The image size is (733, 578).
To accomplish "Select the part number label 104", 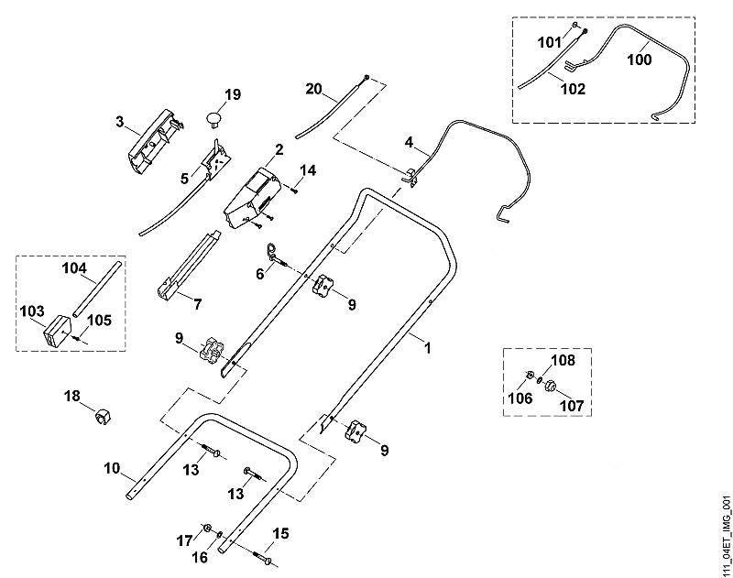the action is (x=75, y=268).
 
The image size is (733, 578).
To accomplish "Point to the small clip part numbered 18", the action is (x=102, y=417).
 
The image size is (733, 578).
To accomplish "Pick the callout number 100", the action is (x=639, y=60).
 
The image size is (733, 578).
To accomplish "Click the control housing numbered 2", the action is (x=251, y=199).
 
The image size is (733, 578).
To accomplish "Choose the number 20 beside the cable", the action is (x=313, y=88).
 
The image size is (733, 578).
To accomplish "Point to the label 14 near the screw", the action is (x=308, y=170).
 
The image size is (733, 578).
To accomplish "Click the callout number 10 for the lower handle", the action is (x=112, y=468).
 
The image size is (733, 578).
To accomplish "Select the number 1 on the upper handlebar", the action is (x=427, y=348).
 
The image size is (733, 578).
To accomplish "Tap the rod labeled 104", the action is (x=98, y=289).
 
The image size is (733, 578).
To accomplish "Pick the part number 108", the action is (x=563, y=360).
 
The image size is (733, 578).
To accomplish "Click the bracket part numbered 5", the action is (x=216, y=158).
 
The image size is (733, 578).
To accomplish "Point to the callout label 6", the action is (x=260, y=274).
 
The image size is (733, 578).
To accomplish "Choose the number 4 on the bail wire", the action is (x=409, y=142).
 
